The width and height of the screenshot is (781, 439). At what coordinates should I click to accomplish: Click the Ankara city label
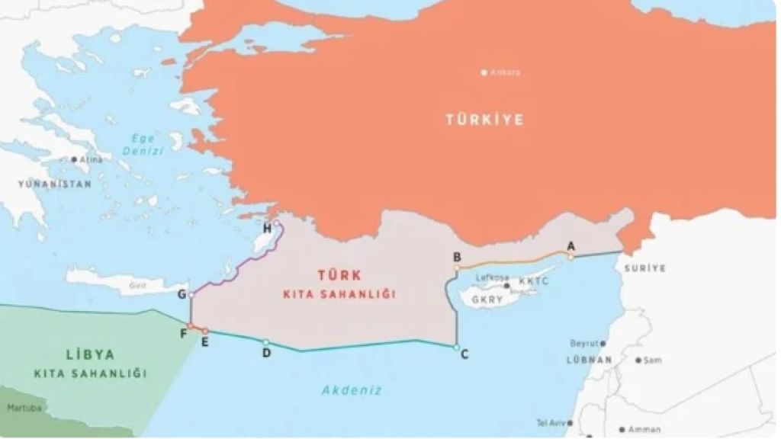point(505,72)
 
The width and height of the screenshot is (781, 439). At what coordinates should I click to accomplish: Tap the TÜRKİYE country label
point(485,120)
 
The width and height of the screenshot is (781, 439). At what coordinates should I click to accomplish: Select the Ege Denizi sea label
point(143,145)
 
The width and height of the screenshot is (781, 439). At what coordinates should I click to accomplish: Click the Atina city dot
point(74,160)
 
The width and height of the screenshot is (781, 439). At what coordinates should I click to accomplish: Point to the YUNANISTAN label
point(55,184)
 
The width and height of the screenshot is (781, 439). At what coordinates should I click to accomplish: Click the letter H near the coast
point(267,229)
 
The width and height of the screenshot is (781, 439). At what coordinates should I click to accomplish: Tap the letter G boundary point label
point(182,294)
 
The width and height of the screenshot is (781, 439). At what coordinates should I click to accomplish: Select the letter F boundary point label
point(183,334)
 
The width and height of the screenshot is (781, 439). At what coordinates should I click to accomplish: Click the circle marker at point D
point(266,343)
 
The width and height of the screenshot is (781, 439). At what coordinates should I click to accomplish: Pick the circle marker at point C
point(456,348)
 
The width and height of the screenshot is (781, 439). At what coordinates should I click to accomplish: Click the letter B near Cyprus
point(457,257)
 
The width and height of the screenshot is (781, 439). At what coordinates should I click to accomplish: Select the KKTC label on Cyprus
point(533,281)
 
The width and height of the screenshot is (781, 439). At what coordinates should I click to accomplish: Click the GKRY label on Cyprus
point(487,300)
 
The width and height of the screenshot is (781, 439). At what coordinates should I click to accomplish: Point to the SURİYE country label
point(644,268)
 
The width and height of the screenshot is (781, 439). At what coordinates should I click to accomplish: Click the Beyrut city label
point(584,344)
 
